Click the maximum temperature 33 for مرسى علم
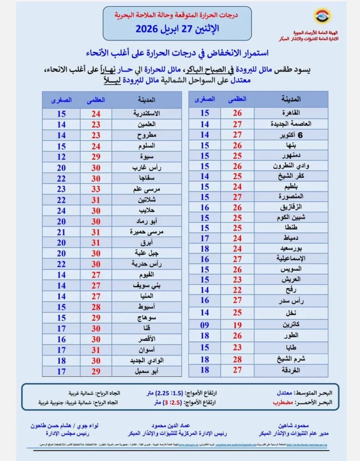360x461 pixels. click(96, 189)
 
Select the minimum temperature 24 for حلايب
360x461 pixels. click(61, 210)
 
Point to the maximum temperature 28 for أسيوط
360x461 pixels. click(96, 307)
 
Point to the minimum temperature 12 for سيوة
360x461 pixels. click(61, 157)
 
